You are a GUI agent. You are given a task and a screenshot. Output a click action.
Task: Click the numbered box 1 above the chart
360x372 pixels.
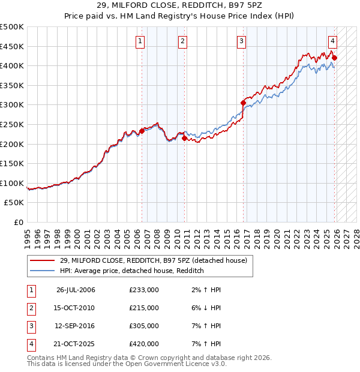(140, 41)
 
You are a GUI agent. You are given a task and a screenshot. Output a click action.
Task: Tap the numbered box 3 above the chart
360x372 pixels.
(241, 41)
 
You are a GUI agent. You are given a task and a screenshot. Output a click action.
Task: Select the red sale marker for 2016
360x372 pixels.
(244, 103)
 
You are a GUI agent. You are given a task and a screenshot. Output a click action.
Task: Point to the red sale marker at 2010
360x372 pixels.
(184, 138)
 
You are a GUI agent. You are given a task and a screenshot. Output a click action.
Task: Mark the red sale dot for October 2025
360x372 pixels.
(335, 58)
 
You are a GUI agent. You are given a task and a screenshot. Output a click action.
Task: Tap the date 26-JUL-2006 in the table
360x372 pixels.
(76, 290)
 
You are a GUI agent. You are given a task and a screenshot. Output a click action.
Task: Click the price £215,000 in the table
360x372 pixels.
(144, 308)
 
